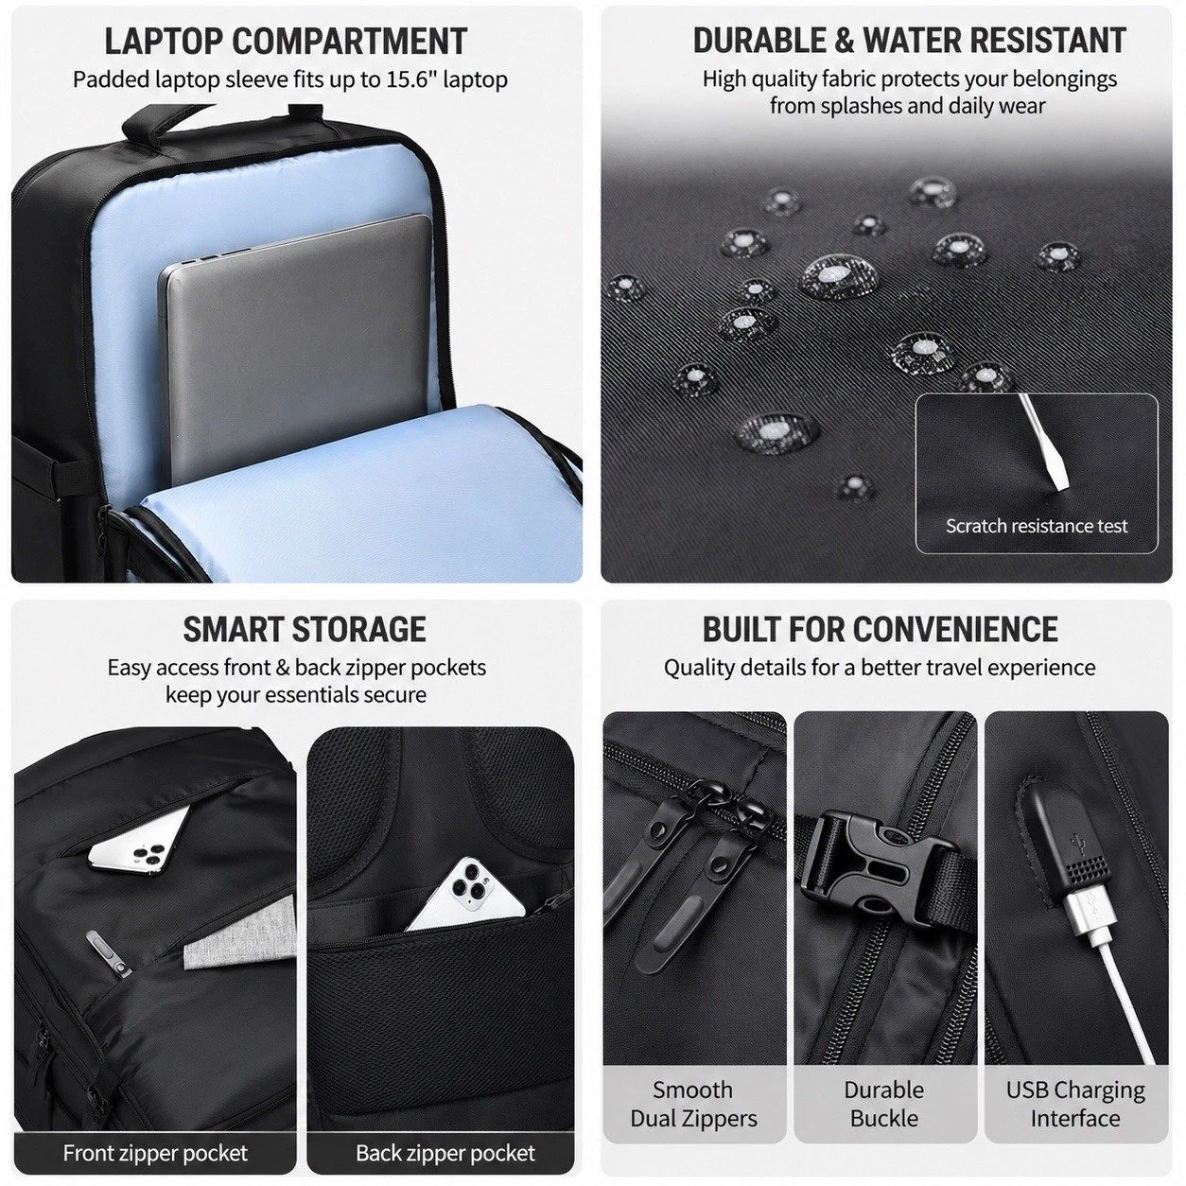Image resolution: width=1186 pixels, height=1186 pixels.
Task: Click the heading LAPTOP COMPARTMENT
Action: [x=286, y=42]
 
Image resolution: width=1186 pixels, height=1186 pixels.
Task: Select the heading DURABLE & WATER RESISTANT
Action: [x=909, y=41]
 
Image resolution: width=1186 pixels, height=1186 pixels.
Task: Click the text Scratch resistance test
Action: [x=1037, y=526]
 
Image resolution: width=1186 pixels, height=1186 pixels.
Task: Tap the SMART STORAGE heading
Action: [x=304, y=629]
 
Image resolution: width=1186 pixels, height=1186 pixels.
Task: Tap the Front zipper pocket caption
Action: [x=155, y=1153]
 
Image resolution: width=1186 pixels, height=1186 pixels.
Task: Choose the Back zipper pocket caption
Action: [x=445, y=1153]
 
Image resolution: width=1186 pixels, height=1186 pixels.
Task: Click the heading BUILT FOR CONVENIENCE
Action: [x=881, y=629]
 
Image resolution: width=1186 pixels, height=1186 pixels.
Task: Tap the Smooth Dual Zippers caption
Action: [x=693, y=1104]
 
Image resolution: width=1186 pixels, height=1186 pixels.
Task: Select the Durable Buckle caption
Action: [x=884, y=1104]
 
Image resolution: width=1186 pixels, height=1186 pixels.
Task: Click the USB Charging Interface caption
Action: [x=1075, y=1104]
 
